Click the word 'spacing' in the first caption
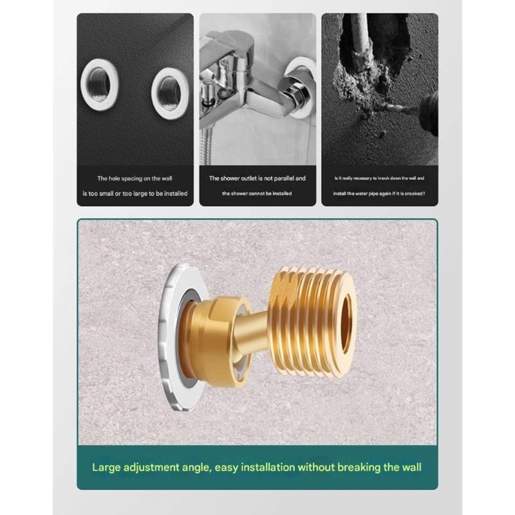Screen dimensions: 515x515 tap(130, 178)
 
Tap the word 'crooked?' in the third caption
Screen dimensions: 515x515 tap(413, 193)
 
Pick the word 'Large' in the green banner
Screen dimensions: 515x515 tap(106, 467)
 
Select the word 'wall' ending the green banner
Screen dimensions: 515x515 tap(409, 467)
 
